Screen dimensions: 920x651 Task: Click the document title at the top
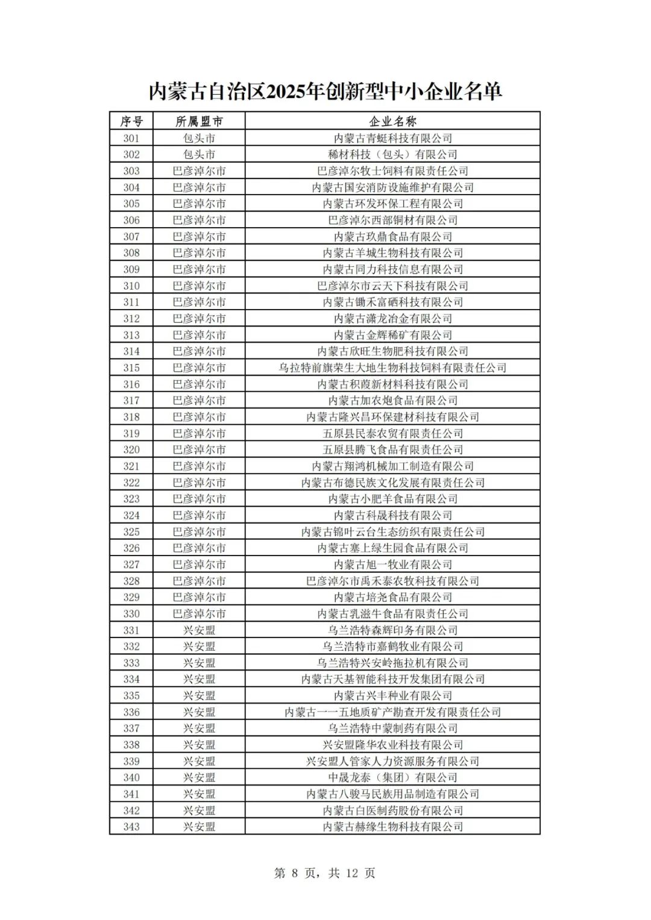(325, 92)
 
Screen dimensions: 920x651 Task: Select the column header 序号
(131, 121)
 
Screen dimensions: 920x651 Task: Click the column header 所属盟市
(199, 121)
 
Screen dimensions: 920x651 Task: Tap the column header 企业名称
(392, 121)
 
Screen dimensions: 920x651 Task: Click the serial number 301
(131, 138)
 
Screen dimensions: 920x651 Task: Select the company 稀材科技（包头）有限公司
(392, 154)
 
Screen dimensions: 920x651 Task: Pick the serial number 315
(131, 368)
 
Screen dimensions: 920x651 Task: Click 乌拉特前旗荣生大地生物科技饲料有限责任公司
(392, 368)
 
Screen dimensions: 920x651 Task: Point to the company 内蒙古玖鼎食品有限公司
(392, 236)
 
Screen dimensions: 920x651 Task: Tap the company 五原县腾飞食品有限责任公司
(392, 449)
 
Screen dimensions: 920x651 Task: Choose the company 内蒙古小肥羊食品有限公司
(392, 499)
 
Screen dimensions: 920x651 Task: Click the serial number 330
(131, 613)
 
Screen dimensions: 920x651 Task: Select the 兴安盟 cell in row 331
(199, 630)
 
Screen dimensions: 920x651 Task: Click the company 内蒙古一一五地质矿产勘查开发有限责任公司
(392, 712)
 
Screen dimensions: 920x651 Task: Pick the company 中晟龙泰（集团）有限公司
(392, 777)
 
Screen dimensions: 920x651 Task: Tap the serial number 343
(131, 827)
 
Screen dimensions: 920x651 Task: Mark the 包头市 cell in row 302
(199, 154)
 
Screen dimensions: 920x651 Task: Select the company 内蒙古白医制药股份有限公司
(392, 810)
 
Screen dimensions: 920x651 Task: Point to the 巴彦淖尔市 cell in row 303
(199, 171)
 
